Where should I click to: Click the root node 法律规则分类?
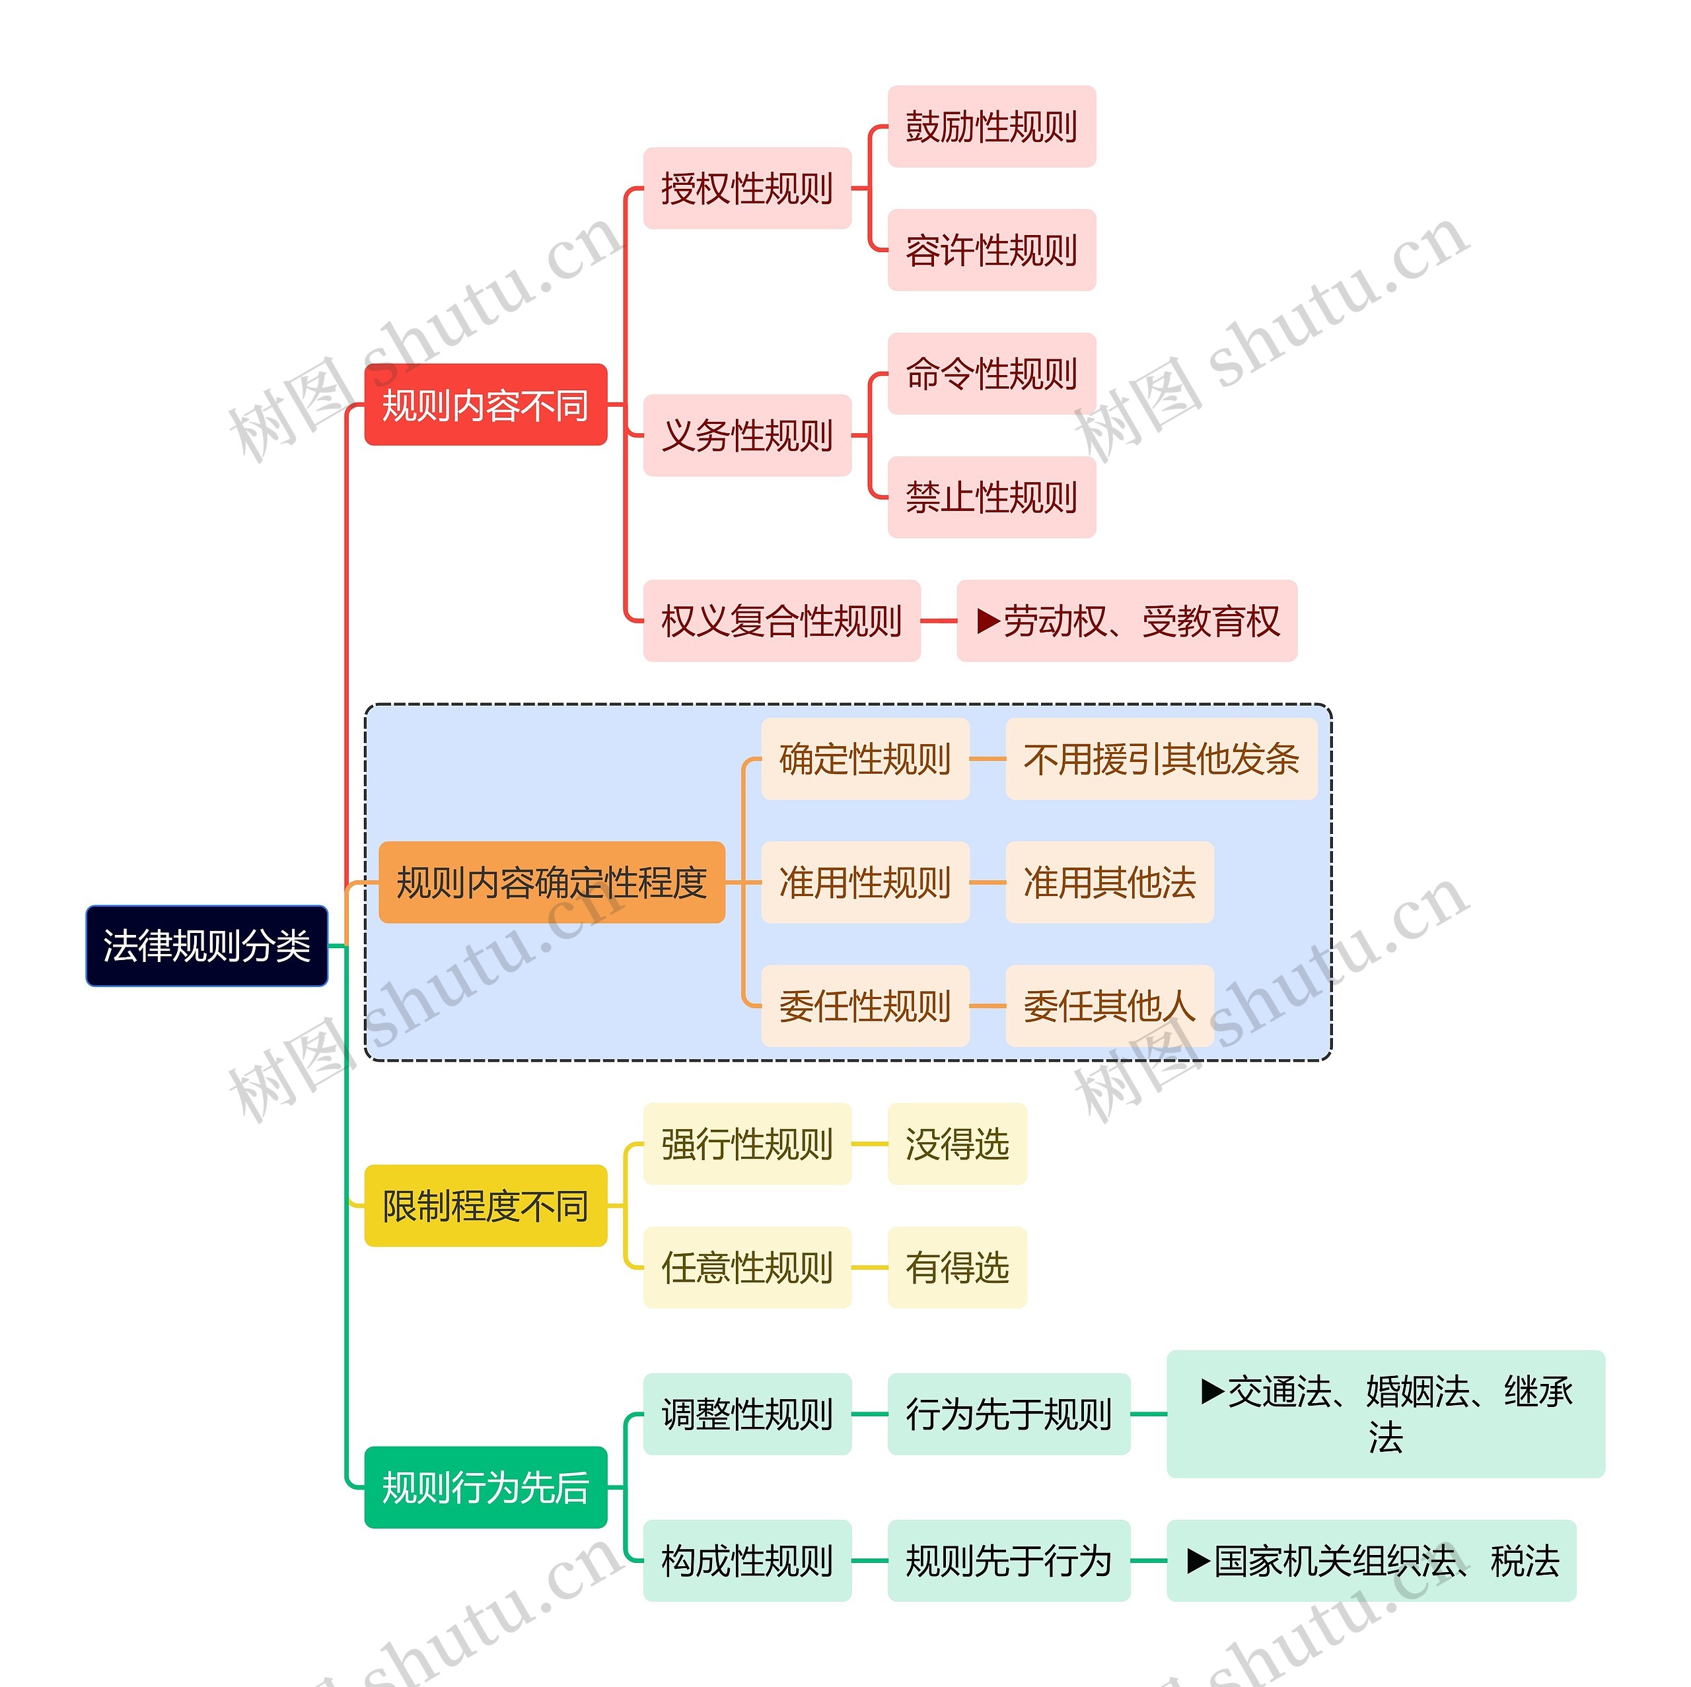[x=207, y=946]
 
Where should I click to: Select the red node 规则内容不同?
[x=485, y=405]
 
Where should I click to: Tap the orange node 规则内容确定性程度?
[x=552, y=882]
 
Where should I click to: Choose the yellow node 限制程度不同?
[x=485, y=1206]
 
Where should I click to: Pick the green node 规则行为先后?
[x=485, y=1488]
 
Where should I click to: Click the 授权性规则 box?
[x=746, y=188]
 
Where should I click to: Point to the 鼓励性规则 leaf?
[x=991, y=127]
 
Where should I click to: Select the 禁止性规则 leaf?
[x=991, y=497]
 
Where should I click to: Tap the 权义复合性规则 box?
[x=781, y=621]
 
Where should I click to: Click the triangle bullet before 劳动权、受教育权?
[x=988, y=621]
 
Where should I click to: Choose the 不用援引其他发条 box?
[x=1161, y=759]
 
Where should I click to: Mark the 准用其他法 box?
[x=1109, y=882]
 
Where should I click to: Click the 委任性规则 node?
[x=865, y=1006]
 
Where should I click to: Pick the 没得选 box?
[x=956, y=1144]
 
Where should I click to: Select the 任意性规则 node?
[x=746, y=1267]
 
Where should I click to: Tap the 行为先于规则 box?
[x=1008, y=1414]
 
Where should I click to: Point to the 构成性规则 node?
[x=746, y=1561]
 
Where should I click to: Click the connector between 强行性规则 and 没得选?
[x=869, y=1144]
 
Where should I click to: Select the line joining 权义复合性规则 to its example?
[x=938, y=621]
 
